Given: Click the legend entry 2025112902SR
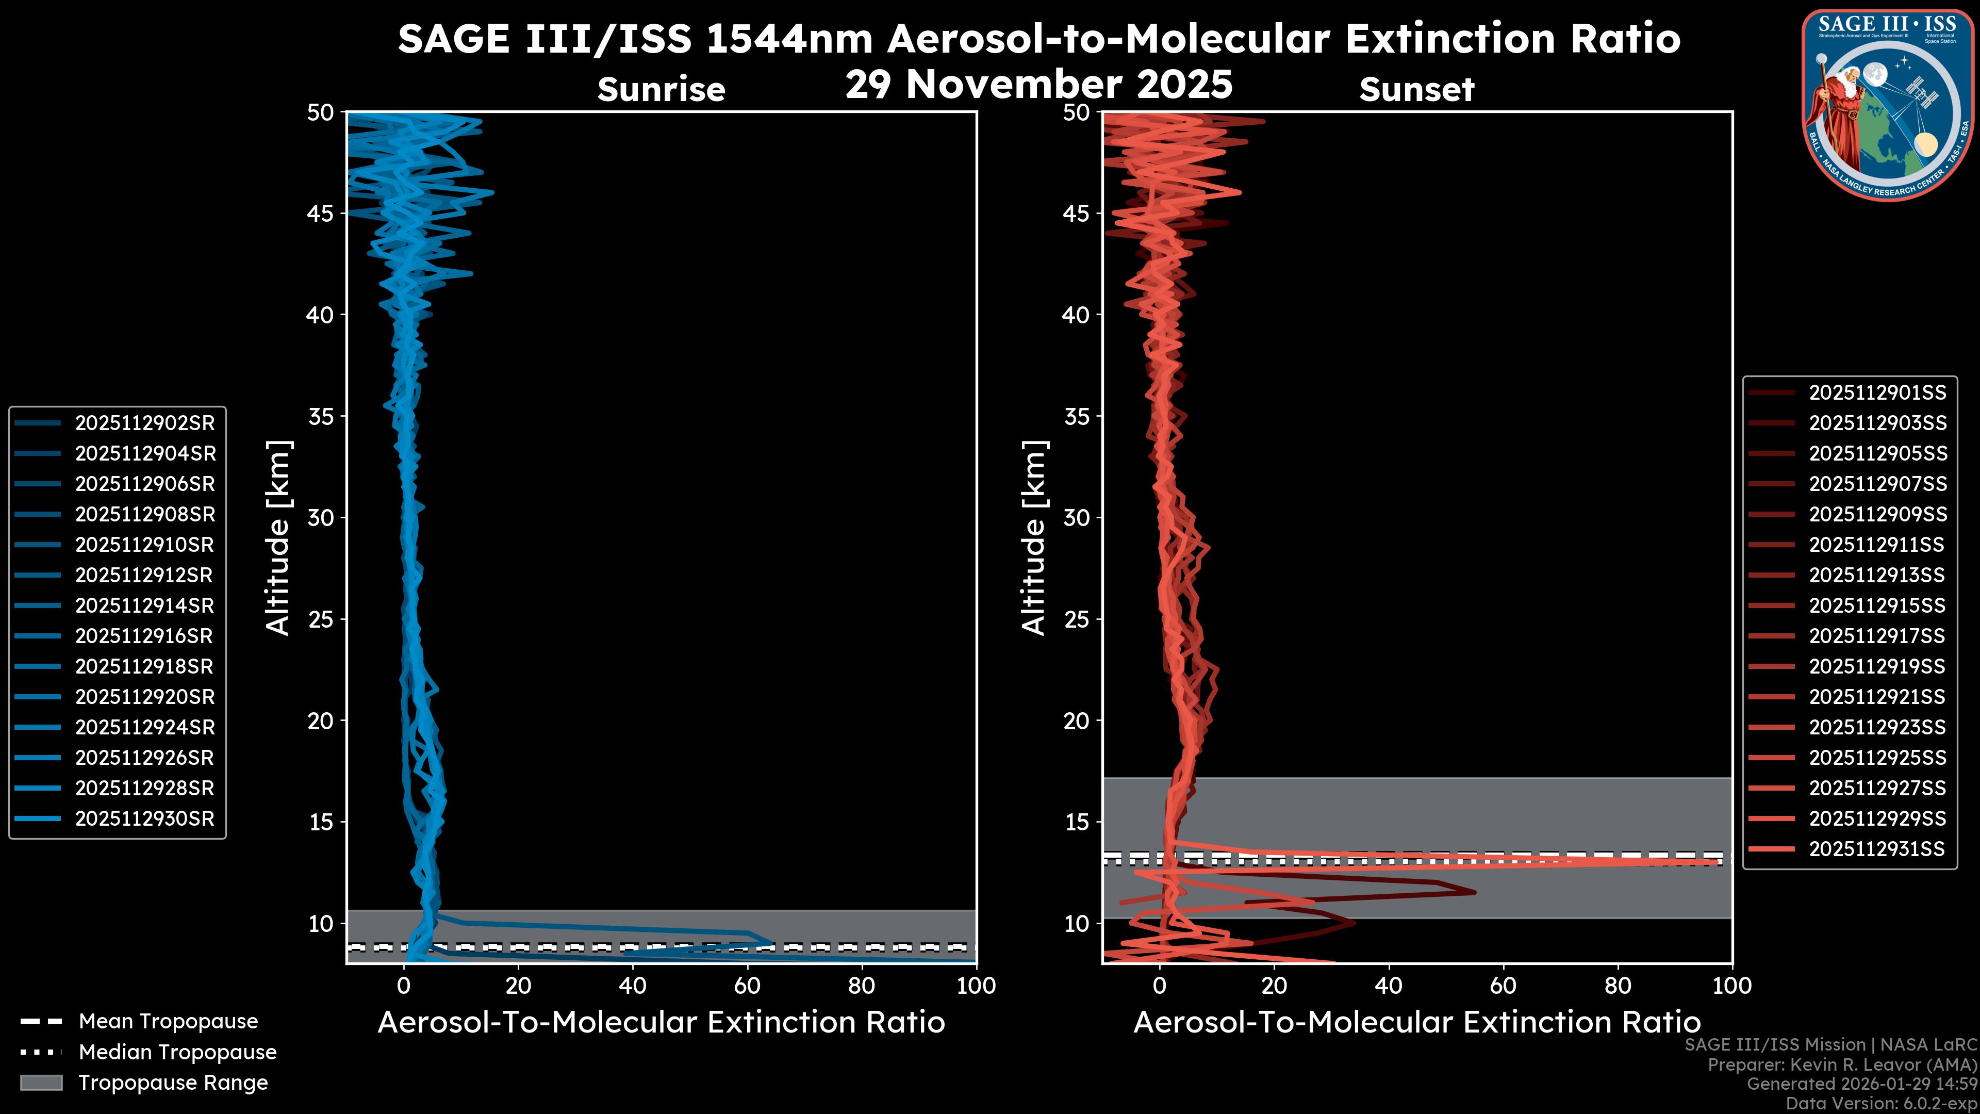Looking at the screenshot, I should coord(144,423).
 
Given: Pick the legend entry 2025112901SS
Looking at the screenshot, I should coord(1877,393).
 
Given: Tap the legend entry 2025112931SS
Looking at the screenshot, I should coord(1876,849).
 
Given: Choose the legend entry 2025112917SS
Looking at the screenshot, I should coord(1876,636).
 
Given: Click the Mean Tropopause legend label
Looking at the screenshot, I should coord(168,1021).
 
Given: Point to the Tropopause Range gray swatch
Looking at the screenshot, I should coord(41,1083).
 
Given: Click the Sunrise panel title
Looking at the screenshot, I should coord(661,89).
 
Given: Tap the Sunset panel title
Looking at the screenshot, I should coord(1416,89).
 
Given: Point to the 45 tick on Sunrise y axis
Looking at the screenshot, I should coord(321,213).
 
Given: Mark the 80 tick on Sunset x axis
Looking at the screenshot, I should coord(1618,986).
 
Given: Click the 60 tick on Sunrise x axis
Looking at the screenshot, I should coord(747,986).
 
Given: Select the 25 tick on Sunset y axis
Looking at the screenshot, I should coord(1076,619).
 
